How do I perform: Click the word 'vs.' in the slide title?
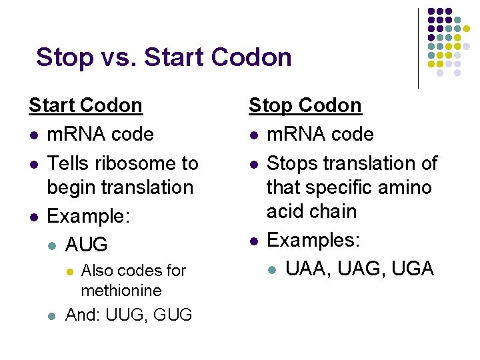[x=118, y=57]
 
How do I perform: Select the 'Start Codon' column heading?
[x=85, y=105]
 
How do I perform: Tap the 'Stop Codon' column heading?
[x=305, y=105]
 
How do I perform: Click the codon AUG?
[x=86, y=245]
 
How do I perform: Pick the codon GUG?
[x=173, y=315]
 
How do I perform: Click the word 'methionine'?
[x=121, y=291]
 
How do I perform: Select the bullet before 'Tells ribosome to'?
[x=33, y=164]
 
